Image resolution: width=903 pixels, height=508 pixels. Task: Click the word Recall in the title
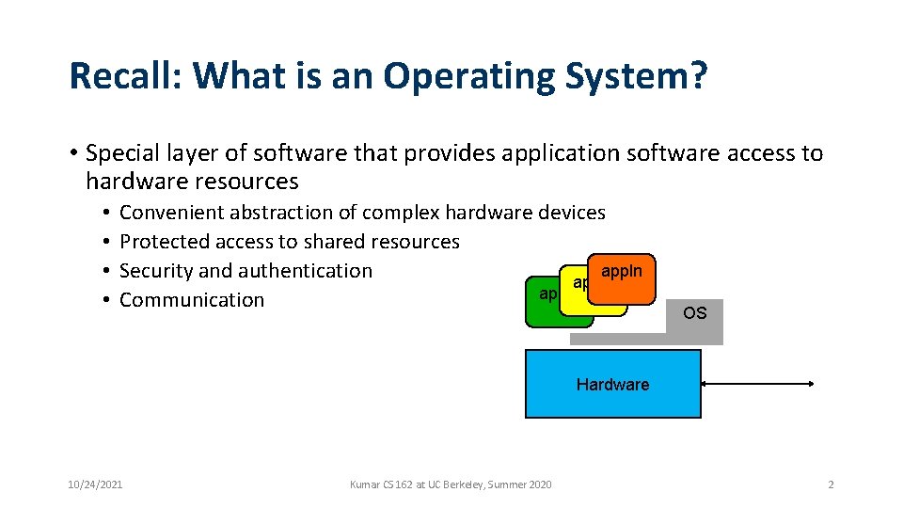[118, 76]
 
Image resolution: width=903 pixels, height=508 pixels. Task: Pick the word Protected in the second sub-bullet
[166, 242]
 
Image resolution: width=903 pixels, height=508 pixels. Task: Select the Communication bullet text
[192, 300]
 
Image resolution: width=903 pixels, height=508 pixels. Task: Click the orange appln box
[622, 278]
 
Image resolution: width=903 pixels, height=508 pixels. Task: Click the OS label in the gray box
[694, 313]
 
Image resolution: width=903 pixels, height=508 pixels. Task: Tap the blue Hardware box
[612, 384]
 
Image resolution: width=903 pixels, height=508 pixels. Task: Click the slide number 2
[831, 484]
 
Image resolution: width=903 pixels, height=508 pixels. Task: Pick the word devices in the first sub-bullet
[571, 213]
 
